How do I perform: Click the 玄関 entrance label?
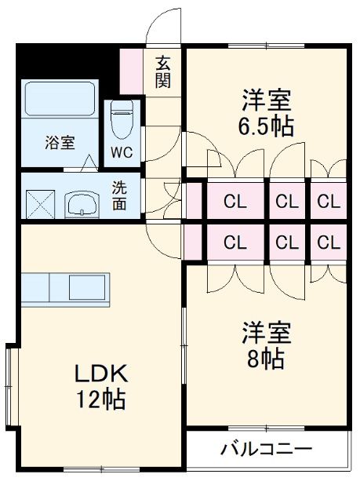(163, 71)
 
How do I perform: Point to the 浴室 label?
(60, 143)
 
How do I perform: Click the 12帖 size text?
(100, 399)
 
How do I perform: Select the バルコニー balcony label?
(266, 450)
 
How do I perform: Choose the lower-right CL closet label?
(329, 242)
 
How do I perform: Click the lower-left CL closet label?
(235, 242)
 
